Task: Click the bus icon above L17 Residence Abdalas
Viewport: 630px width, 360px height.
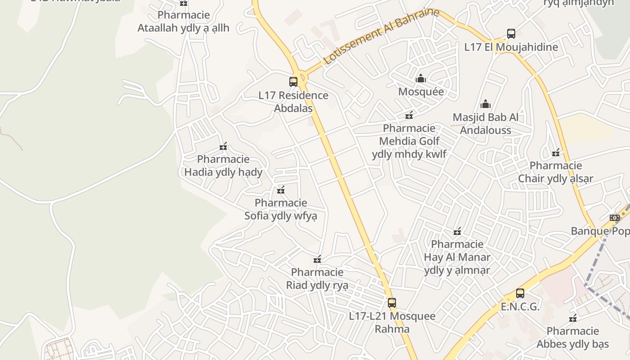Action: coord(293,82)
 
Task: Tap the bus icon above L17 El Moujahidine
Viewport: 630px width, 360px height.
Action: coord(511,34)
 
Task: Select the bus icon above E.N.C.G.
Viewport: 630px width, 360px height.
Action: coord(520,293)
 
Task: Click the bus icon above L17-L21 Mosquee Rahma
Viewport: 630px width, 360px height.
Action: coord(392,303)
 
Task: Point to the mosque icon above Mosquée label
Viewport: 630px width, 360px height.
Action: coord(421,78)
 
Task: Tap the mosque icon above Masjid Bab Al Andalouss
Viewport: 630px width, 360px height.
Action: coord(486,104)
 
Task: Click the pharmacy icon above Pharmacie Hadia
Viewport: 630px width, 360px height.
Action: coord(223,146)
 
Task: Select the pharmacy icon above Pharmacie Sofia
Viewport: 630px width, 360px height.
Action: coord(281,190)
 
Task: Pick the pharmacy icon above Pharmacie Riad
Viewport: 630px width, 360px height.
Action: coord(317,259)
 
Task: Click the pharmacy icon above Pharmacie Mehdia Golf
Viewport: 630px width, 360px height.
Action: coord(409,115)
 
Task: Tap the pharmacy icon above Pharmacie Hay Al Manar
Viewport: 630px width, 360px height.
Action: coord(458,231)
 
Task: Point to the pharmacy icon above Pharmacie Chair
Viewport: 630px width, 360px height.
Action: coord(556,153)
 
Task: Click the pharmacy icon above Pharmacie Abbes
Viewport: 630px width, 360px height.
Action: coord(573,318)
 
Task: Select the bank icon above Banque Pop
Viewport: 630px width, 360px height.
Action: coord(615,218)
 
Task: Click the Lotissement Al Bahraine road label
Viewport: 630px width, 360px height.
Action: coord(381,36)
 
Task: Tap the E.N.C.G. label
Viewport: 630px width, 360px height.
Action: coord(520,307)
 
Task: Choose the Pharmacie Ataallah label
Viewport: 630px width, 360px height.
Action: coord(184,22)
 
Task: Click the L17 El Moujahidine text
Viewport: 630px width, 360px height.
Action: coord(511,47)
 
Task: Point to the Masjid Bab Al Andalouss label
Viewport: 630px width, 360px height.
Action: coord(486,124)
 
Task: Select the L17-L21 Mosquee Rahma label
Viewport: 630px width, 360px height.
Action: coord(392,322)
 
